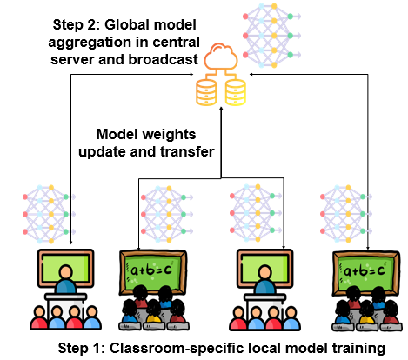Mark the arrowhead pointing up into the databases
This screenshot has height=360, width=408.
(x=221, y=109)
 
